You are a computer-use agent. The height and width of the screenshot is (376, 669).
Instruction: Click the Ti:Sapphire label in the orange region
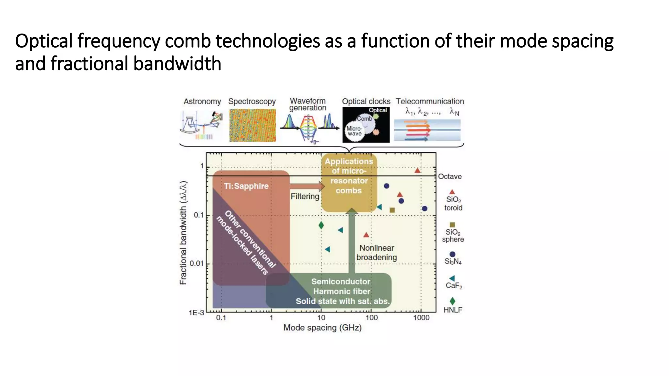[x=246, y=186]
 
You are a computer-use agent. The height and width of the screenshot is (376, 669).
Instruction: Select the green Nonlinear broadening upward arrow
[x=351, y=242]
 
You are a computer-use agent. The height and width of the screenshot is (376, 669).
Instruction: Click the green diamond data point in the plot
[x=321, y=225]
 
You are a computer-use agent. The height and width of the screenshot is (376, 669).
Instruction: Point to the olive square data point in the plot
[x=392, y=210]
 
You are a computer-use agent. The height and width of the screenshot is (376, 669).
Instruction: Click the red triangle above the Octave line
[x=417, y=170]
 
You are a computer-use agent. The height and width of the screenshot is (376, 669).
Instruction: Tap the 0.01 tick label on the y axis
[x=196, y=263]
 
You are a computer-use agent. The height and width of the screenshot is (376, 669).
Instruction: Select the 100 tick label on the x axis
[x=371, y=318]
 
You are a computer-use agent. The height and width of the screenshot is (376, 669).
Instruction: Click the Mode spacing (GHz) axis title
[x=322, y=328]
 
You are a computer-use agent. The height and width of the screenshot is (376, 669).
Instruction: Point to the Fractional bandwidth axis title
[x=184, y=233]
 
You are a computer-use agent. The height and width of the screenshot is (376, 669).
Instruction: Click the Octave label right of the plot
[x=450, y=177]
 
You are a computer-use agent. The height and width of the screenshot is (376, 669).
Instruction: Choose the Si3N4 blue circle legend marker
[x=452, y=254]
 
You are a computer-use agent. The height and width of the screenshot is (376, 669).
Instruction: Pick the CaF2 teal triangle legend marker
[x=452, y=278]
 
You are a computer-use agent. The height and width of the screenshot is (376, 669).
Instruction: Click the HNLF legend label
[x=453, y=310]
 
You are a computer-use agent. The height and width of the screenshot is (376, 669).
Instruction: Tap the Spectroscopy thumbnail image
[x=252, y=125]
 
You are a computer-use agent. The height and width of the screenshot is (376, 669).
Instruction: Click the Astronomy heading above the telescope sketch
[x=202, y=102]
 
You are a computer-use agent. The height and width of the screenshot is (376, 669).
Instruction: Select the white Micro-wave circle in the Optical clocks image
[x=354, y=132]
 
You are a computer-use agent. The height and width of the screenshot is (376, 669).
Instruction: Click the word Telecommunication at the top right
[x=430, y=101]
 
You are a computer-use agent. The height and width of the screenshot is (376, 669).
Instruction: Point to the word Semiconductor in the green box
[x=341, y=281]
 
